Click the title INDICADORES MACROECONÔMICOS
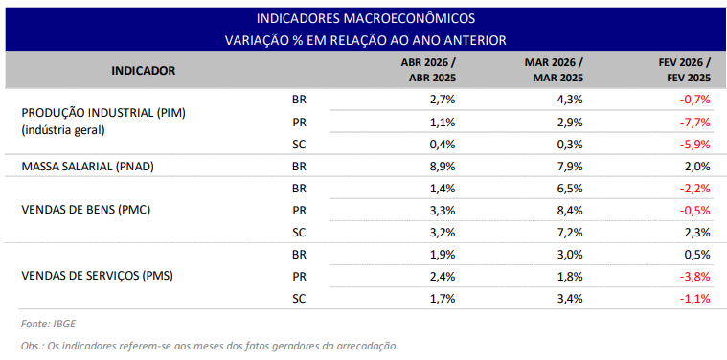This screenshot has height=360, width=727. [x=365, y=18]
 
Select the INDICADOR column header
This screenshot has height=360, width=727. [x=144, y=71]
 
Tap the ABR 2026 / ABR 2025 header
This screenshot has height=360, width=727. [x=428, y=71]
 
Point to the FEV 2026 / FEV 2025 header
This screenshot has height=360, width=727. [x=684, y=71]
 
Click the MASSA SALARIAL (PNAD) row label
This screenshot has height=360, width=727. [x=87, y=167]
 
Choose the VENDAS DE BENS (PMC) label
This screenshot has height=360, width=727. [x=86, y=210]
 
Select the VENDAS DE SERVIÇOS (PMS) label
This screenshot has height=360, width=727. [x=98, y=277]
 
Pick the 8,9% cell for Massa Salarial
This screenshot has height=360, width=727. [x=443, y=167]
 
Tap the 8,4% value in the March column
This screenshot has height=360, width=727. [x=570, y=211]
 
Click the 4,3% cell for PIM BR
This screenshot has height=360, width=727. [x=570, y=100]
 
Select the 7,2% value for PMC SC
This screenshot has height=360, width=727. [x=570, y=233]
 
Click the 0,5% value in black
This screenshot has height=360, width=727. [x=697, y=255]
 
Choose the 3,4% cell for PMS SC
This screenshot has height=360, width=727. [x=570, y=299]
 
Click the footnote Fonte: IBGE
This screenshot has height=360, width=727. [x=48, y=325]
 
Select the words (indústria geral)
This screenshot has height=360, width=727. [x=63, y=130]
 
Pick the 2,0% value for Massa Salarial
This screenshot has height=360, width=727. [x=697, y=167]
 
